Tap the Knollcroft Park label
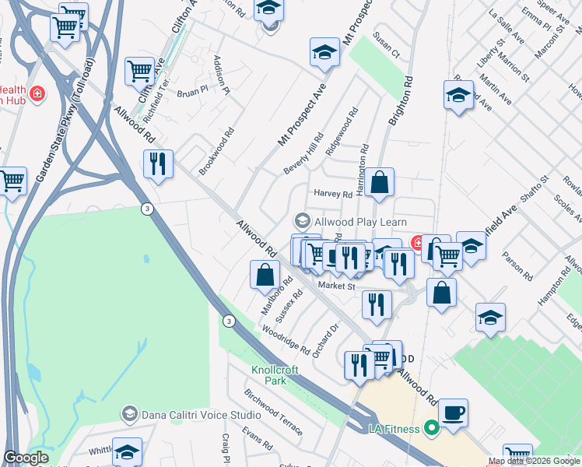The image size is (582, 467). click(275, 375)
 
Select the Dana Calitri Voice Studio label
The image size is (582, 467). click(191, 414)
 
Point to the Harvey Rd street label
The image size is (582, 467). click(333, 194)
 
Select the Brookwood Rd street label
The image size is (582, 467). click(216, 151)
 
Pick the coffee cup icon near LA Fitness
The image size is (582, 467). click(453, 412)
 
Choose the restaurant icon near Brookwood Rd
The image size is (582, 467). click(158, 163)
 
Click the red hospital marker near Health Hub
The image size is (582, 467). click(38, 94)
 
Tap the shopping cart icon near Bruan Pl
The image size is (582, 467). click(140, 71)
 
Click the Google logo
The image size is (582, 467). click(26, 458)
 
